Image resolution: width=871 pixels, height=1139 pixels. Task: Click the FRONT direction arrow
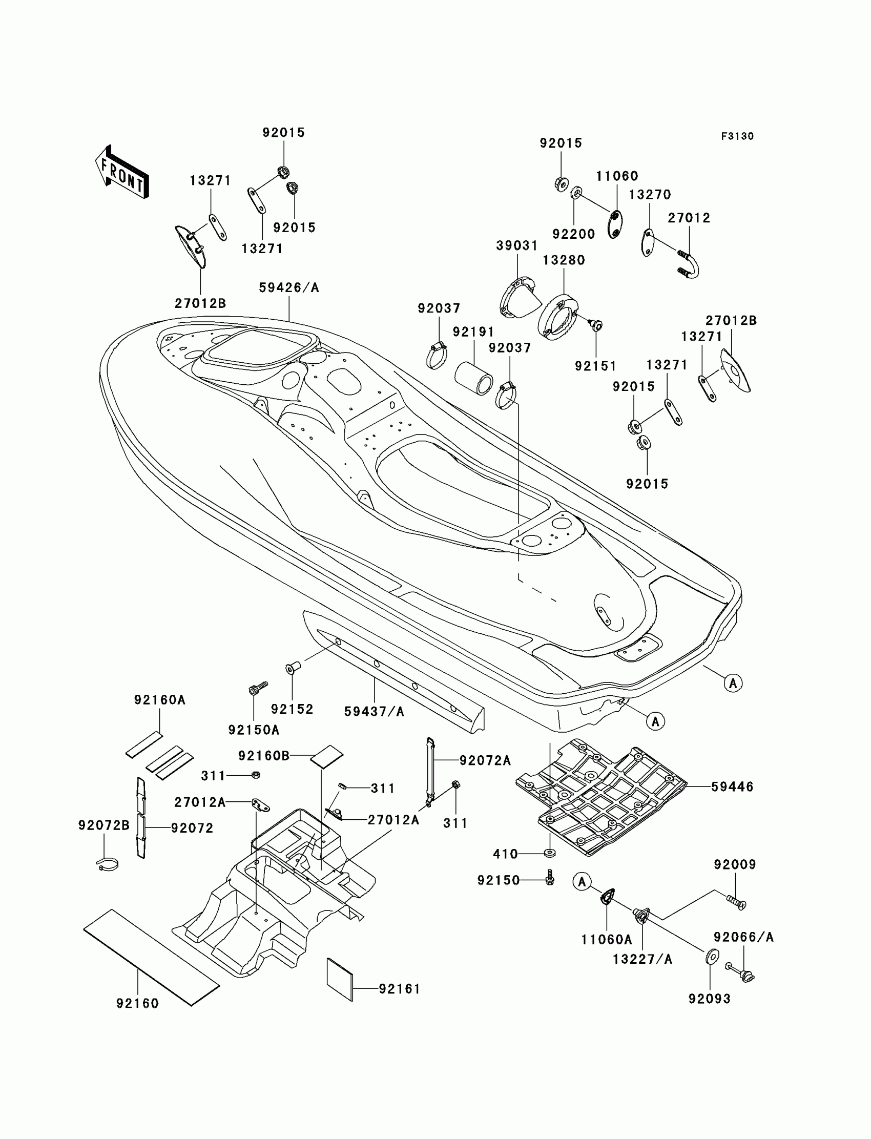click(x=122, y=172)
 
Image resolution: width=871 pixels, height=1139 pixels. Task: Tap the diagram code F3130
click(x=737, y=136)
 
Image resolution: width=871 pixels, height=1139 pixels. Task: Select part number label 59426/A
click(x=289, y=288)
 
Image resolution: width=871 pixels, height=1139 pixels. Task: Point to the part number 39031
click(x=517, y=246)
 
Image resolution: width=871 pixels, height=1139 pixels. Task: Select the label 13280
click(x=564, y=260)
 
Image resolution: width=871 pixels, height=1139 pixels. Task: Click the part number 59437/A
click(x=374, y=712)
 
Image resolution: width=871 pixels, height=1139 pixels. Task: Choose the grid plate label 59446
click(x=732, y=786)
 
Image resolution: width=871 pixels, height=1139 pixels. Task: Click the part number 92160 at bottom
click(x=137, y=1004)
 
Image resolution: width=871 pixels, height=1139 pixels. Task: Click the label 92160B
click(x=264, y=756)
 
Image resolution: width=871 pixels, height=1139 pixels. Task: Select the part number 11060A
click(x=606, y=939)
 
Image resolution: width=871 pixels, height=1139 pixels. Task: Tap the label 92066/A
click(x=743, y=937)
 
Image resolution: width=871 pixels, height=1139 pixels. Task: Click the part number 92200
click(x=573, y=234)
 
